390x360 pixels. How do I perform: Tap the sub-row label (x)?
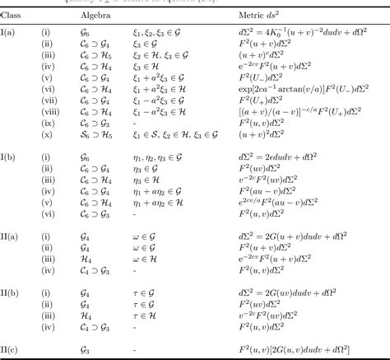47,134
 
